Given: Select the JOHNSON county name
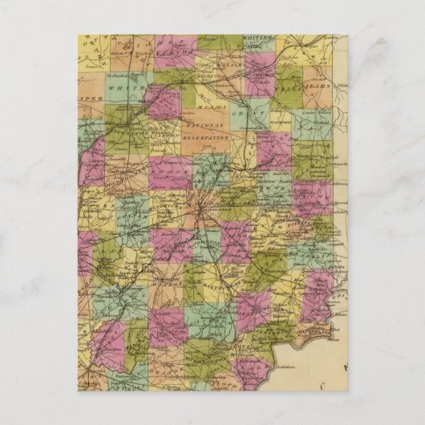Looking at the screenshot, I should pos(208,241).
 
